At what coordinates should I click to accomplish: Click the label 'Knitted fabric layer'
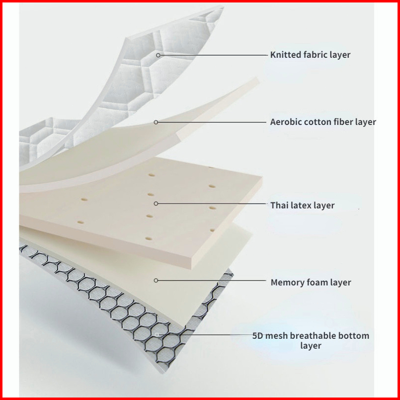(x=310, y=55)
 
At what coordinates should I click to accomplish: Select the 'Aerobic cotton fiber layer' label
(x=323, y=122)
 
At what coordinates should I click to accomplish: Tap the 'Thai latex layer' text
(x=302, y=205)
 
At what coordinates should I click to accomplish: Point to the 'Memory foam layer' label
(x=311, y=282)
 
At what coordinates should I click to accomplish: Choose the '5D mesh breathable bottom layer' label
(x=311, y=341)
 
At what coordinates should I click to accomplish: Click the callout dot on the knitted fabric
(x=158, y=55)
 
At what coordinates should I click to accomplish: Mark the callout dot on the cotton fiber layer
(x=156, y=122)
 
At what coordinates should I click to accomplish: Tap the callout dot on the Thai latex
(x=156, y=203)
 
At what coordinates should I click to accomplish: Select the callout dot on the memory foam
(x=156, y=280)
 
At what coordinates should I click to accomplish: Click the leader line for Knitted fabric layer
(x=212, y=55)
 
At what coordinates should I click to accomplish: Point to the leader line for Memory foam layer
(x=212, y=280)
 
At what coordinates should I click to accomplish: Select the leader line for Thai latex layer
(x=212, y=203)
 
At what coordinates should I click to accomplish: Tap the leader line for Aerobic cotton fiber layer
(x=212, y=122)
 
